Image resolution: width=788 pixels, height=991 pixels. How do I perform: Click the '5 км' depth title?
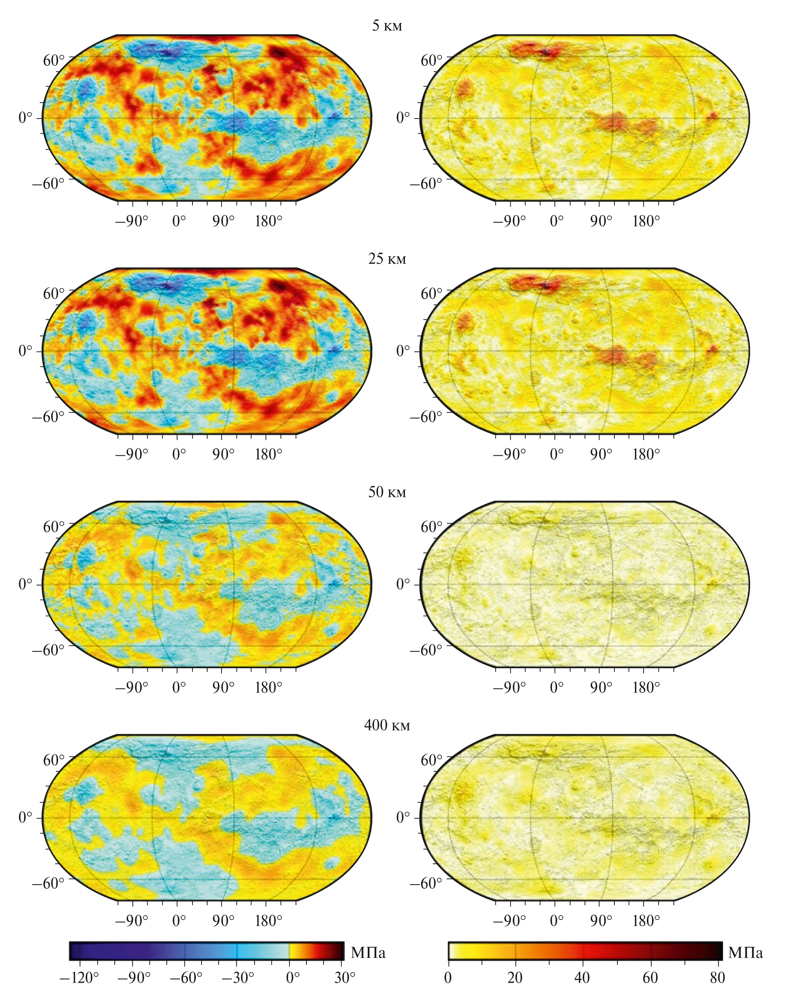387,26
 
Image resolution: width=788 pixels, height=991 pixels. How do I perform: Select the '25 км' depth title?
387,259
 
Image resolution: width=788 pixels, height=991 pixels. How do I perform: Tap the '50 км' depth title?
387,492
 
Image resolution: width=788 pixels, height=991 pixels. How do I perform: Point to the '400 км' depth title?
387,725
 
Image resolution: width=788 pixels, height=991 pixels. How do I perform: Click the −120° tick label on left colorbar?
78,977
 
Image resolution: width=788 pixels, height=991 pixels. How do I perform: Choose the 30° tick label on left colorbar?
344,977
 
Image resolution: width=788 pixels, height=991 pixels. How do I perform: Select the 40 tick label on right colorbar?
582,977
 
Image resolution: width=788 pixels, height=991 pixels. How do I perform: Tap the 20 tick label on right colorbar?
515,977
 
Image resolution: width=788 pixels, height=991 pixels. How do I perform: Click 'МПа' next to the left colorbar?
368,953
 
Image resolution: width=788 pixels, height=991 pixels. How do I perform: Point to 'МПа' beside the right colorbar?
745,953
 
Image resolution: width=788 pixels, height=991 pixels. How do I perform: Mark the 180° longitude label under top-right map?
646,222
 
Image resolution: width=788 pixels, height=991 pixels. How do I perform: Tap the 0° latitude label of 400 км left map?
26,818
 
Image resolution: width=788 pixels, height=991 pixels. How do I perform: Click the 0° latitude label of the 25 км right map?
403,351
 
